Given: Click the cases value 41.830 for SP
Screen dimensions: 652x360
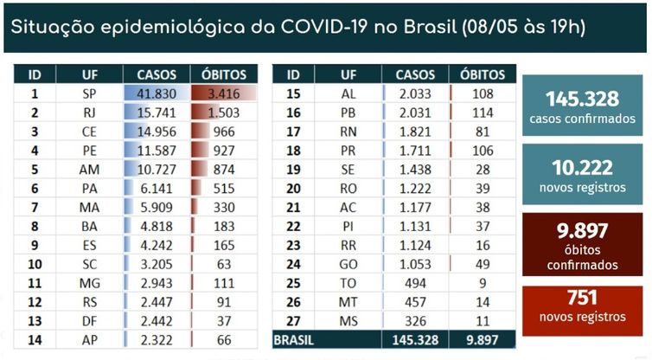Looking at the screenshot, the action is click(157, 93).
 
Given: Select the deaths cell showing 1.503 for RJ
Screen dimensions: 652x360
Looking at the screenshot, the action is click(224, 112).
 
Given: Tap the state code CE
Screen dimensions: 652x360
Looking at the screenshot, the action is click(89, 132).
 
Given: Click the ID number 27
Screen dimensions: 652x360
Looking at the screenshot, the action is click(293, 321).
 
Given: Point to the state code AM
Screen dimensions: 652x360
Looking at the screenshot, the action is click(89, 170).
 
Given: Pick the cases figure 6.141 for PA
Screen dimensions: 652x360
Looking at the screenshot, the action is click(157, 189).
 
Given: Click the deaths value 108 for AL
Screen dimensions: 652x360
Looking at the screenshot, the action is click(483, 93).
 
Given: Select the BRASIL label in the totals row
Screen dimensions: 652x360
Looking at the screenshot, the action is click(293, 340).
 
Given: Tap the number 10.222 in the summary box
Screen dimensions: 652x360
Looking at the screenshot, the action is click(582, 168).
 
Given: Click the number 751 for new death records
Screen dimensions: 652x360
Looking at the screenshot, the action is click(582, 298).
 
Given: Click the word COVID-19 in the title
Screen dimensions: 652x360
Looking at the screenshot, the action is click(325, 27).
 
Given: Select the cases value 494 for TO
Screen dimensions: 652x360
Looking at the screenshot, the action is click(415, 284).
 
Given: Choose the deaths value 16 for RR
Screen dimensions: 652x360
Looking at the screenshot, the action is click(483, 246).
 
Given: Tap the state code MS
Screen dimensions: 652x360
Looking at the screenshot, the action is click(348, 321).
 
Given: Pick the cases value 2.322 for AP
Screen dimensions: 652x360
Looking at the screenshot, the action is click(157, 340).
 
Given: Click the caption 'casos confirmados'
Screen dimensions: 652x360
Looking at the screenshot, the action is click(582, 119).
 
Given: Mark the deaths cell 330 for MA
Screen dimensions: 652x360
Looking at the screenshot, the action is click(224, 208).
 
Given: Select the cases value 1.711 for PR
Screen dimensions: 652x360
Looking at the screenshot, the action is click(415, 151).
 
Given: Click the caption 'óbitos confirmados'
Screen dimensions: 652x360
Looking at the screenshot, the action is click(582, 258).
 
